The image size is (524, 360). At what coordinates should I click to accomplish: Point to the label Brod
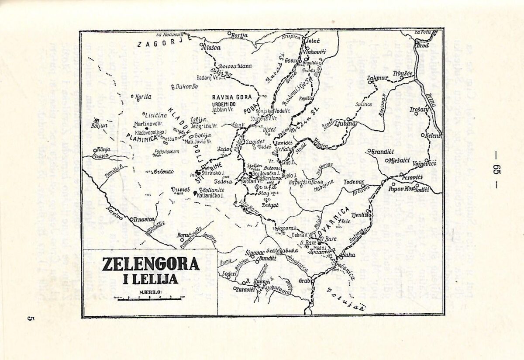[x=423, y=45]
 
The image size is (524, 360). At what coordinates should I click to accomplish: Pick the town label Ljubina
[x=346, y=124]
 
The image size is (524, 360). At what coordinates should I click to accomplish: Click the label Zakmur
[x=379, y=78]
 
